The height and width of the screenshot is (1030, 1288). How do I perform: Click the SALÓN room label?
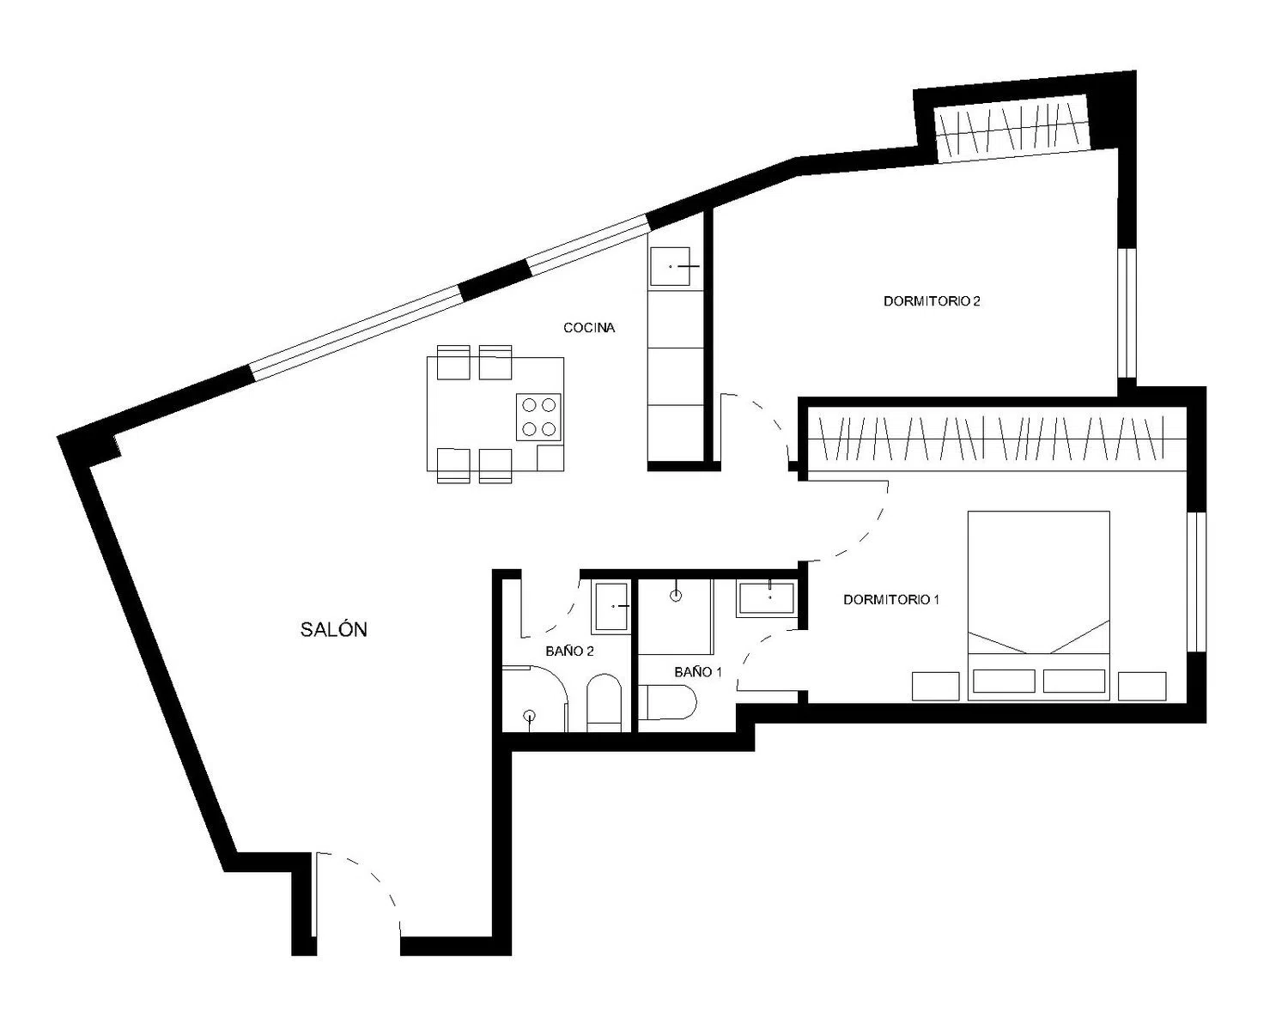333,630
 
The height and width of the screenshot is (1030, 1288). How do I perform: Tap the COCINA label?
589,328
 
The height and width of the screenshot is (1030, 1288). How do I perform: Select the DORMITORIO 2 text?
932,301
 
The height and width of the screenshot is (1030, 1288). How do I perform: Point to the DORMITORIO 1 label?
891,600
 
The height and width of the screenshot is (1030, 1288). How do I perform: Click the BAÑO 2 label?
569,651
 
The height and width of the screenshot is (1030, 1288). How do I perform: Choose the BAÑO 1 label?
698,672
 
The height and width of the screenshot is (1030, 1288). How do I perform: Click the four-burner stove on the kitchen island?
538,417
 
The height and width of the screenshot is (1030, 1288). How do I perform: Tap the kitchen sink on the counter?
671,266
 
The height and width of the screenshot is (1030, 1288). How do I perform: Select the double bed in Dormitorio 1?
1038,605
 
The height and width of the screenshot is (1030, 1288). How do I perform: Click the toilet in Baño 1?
667,703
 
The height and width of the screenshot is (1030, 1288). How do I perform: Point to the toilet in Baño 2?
605,703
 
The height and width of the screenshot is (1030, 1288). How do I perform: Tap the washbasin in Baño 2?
611,606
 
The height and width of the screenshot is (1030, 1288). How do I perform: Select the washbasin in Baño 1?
767,598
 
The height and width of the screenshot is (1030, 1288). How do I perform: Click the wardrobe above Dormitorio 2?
1012,128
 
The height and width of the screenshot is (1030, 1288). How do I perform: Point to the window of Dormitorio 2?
1127,313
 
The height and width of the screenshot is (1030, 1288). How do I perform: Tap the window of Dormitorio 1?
1196,581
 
